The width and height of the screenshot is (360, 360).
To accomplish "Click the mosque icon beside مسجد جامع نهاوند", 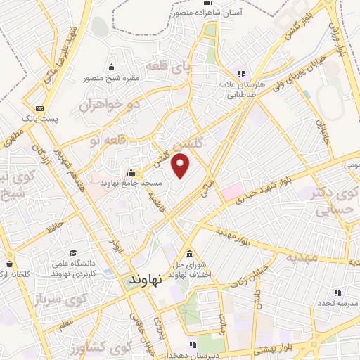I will pyautogui.click(x=131, y=173).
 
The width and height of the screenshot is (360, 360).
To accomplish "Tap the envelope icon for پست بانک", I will pyautogui.click(x=39, y=108).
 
